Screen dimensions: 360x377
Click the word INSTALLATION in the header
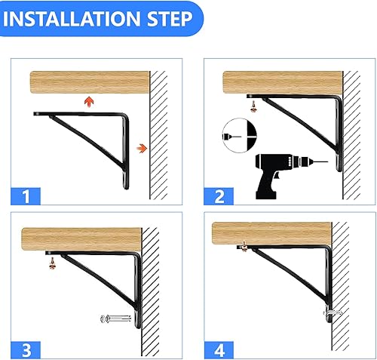[75, 18]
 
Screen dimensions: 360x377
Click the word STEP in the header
[167, 18]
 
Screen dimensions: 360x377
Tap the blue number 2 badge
[219, 198]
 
